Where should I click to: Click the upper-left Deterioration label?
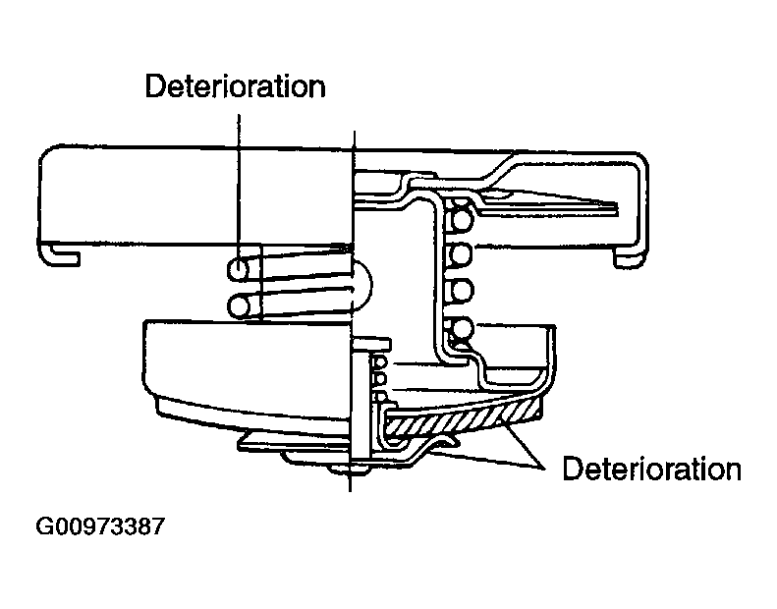click(x=236, y=86)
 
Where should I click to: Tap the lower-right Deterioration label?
click(x=651, y=469)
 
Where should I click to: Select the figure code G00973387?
click(x=99, y=526)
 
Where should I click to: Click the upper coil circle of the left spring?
click(x=239, y=270)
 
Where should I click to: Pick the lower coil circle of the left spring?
click(x=239, y=306)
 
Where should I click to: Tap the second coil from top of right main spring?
click(x=461, y=254)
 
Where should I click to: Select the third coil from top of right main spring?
click(x=461, y=291)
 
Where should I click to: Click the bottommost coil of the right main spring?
click(x=462, y=328)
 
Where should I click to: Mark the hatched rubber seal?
click(x=461, y=418)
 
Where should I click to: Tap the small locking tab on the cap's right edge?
click(x=630, y=257)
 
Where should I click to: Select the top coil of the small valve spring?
click(x=379, y=362)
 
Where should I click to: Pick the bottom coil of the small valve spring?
click(x=380, y=397)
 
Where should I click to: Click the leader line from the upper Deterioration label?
click(x=239, y=189)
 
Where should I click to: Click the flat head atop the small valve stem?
click(x=370, y=344)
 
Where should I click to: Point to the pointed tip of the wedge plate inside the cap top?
click(x=617, y=207)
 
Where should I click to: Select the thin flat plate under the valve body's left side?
click(x=294, y=444)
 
